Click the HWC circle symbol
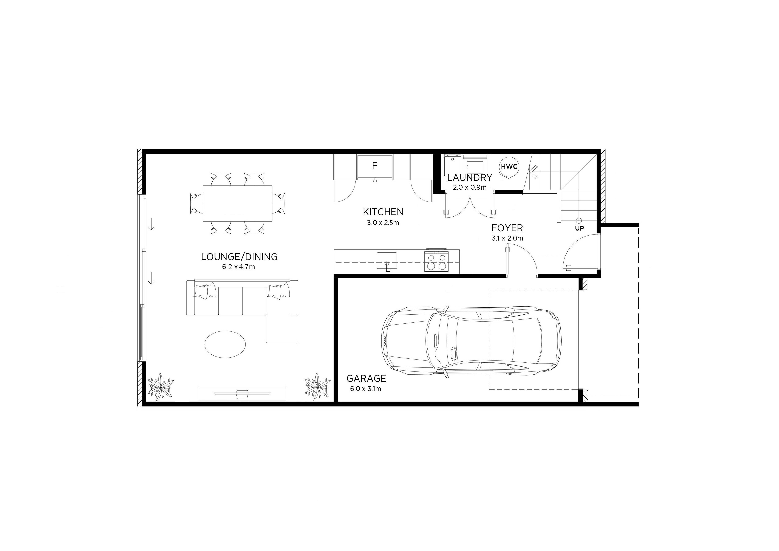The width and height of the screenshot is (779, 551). point(509,167)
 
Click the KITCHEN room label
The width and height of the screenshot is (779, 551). point(383,212)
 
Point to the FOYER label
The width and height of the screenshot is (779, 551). point(507,228)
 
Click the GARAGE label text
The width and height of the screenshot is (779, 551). point(366,378)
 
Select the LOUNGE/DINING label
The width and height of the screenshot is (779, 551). point(239,257)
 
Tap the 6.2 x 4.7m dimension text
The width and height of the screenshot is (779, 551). point(239,267)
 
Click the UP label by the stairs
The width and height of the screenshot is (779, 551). point(579,228)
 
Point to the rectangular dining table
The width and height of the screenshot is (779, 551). point(237,203)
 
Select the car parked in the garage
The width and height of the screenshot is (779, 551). point(472,341)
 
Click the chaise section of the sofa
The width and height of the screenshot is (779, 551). point(282,329)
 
